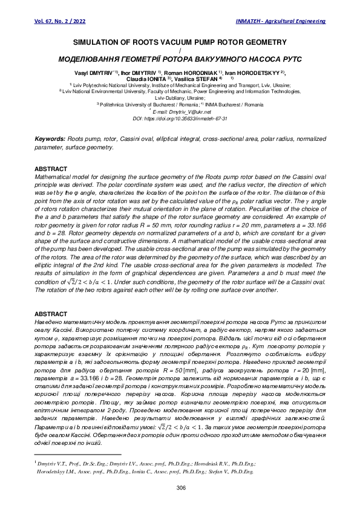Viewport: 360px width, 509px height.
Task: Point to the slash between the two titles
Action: pos(180,52)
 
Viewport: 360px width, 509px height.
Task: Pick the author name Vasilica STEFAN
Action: pos(197,79)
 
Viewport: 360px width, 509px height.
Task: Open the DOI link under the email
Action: pos(180,119)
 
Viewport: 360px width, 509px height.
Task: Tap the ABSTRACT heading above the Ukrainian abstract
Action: pos(51,315)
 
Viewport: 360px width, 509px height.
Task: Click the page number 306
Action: pos(180,487)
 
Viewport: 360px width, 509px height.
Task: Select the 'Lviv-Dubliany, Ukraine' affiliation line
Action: pos(180,98)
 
